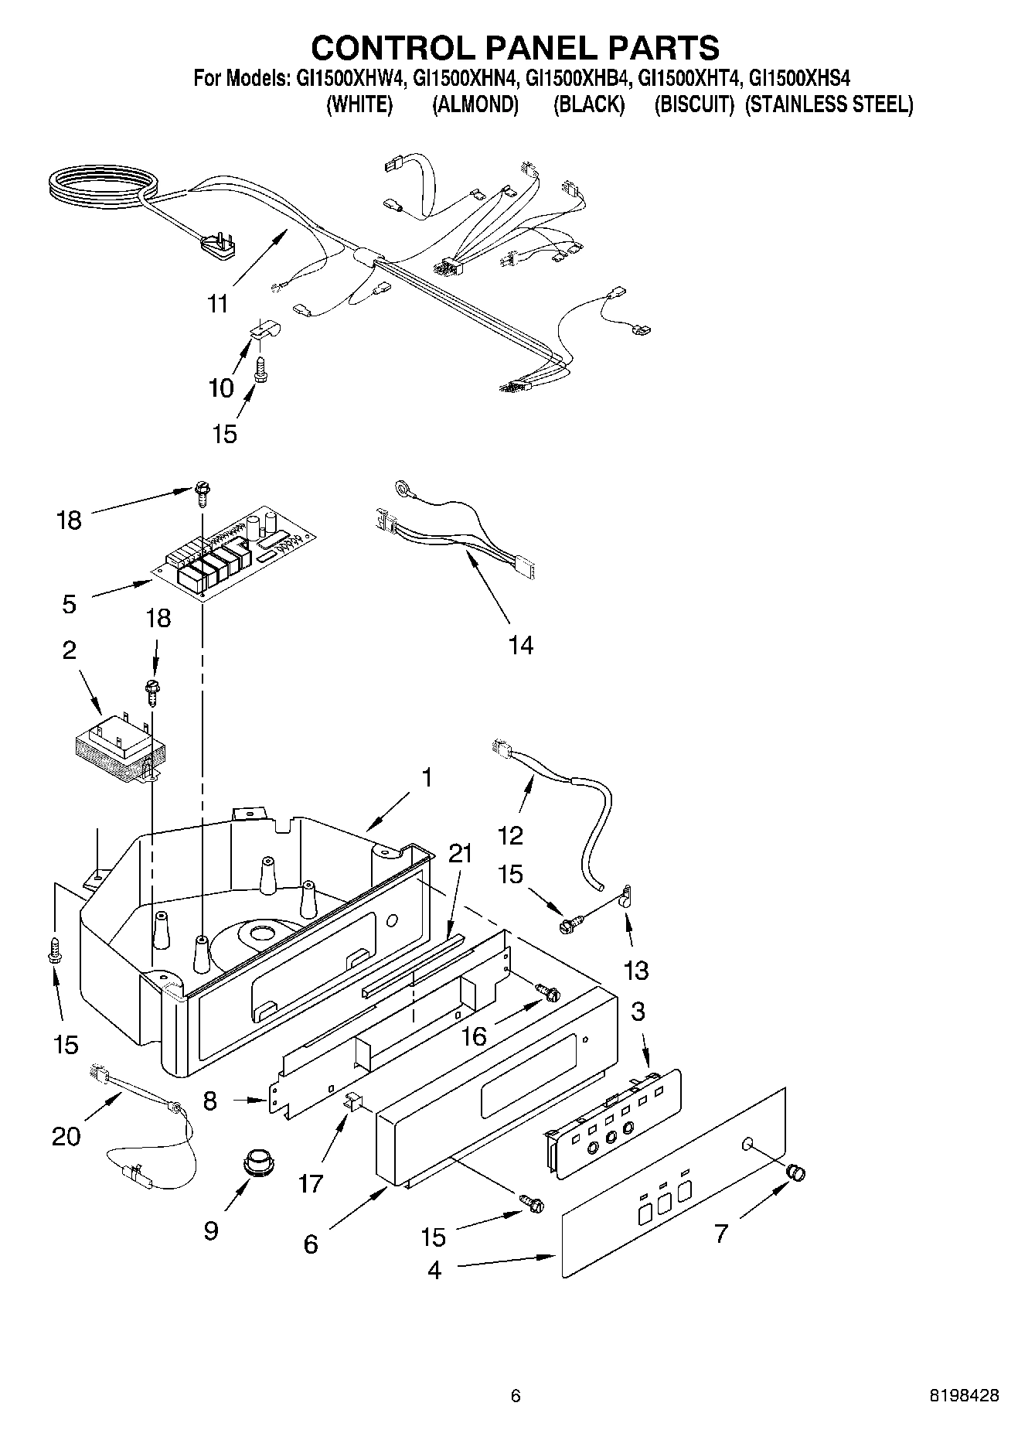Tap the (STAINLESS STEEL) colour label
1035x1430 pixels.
coord(829,104)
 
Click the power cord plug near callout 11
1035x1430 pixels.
coord(217,247)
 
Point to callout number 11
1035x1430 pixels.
coord(219,303)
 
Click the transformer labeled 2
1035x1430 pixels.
coord(121,746)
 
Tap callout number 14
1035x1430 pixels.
coord(520,645)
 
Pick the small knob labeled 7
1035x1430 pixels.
coord(795,1172)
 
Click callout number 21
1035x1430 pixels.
coord(460,855)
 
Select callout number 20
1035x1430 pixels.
coord(66,1137)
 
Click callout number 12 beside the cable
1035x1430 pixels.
coord(511,834)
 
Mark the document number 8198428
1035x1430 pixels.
coord(963,1396)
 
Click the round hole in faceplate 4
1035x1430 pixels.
coord(747,1144)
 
